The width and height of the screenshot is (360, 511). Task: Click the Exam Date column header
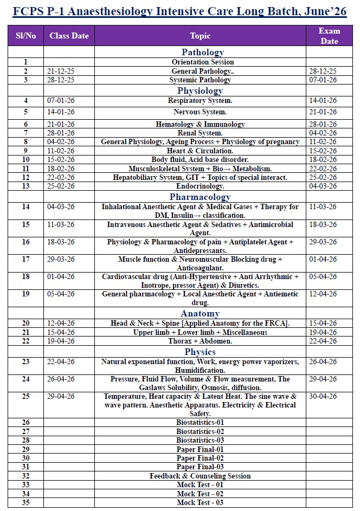[329, 36]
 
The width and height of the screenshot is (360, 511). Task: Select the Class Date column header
[69, 36]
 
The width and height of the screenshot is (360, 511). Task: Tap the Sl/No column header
[25, 36]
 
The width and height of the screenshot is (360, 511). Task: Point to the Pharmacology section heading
[200, 197]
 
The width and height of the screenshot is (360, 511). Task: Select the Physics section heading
[200, 352]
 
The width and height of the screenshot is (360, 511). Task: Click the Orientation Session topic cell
[200, 62]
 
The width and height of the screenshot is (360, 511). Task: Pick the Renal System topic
[200, 133]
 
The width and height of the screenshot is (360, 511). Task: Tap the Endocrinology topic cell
[200, 186]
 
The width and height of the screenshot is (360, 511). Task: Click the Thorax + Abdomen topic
[200, 341]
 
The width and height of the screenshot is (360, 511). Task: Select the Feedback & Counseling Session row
[200, 476]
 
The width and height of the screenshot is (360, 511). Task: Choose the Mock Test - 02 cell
[200, 494]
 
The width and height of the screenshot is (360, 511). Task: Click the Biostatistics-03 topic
[200, 441]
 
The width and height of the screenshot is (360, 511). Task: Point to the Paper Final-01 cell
[200, 450]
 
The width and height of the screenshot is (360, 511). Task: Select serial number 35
[25, 503]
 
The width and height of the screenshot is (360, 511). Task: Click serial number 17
[25, 260]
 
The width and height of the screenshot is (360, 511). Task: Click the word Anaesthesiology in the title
[112, 11]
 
